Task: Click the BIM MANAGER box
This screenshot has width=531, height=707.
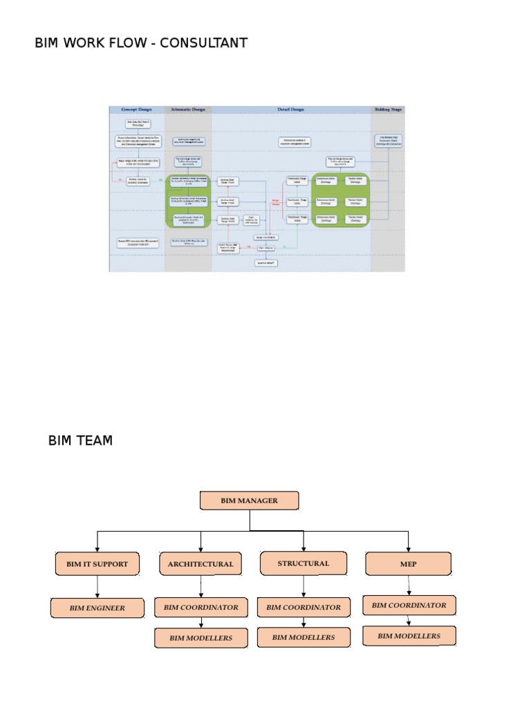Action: tap(249, 501)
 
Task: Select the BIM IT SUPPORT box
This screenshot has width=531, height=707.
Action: tap(97, 564)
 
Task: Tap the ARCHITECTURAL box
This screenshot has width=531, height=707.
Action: tap(201, 564)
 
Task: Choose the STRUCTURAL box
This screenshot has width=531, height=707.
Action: tap(303, 563)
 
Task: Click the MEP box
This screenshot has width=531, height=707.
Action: tap(409, 564)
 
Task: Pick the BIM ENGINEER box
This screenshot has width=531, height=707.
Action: tap(97, 608)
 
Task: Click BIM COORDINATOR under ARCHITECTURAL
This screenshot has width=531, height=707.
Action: tap(201, 608)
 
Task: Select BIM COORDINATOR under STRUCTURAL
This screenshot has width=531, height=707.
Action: tap(303, 608)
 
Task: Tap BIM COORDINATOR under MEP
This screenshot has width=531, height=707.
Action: tap(409, 606)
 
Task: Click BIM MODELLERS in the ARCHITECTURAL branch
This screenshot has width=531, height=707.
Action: tap(201, 638)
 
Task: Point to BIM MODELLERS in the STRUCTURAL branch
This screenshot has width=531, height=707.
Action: tap(303, 637)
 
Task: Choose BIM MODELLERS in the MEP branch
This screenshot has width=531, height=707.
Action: tap(409, 636)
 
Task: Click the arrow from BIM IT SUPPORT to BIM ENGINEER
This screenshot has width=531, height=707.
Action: tap(97, 587)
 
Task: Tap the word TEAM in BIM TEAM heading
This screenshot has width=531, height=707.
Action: tap(95, 440)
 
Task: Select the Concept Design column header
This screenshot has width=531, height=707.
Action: tap(137, 109)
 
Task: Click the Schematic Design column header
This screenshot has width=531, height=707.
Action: tap(188, 109)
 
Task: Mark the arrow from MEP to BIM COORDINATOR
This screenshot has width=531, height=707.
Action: tap(409, 585)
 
